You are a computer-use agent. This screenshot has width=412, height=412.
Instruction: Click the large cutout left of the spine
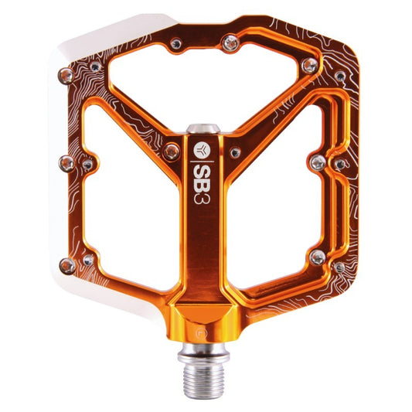click(128, 205)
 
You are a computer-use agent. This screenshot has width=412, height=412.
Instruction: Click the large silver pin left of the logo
click(171, 152)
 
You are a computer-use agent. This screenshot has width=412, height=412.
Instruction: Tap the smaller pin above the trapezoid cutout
click(178, 43)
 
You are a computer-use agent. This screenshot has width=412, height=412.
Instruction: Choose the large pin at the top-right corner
click(309, 66)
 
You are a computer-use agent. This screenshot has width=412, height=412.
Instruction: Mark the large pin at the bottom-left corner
click(67, 265)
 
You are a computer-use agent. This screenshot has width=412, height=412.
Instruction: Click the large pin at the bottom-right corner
click(316, 256)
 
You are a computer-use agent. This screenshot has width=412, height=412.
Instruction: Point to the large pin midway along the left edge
click(67, 164)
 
